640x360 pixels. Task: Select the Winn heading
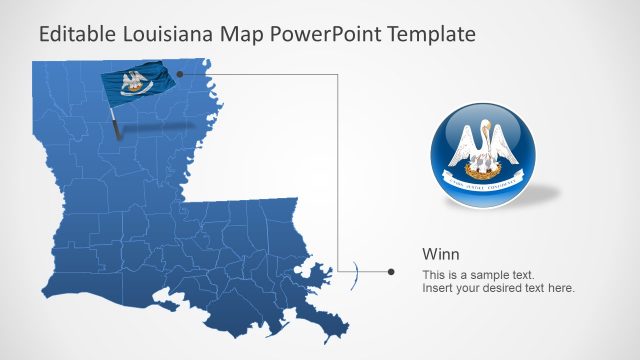[441, 253]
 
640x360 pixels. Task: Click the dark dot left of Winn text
[391, 271]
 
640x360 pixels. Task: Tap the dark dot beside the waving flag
[180, 73]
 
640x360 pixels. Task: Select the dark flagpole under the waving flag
[118, 126]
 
